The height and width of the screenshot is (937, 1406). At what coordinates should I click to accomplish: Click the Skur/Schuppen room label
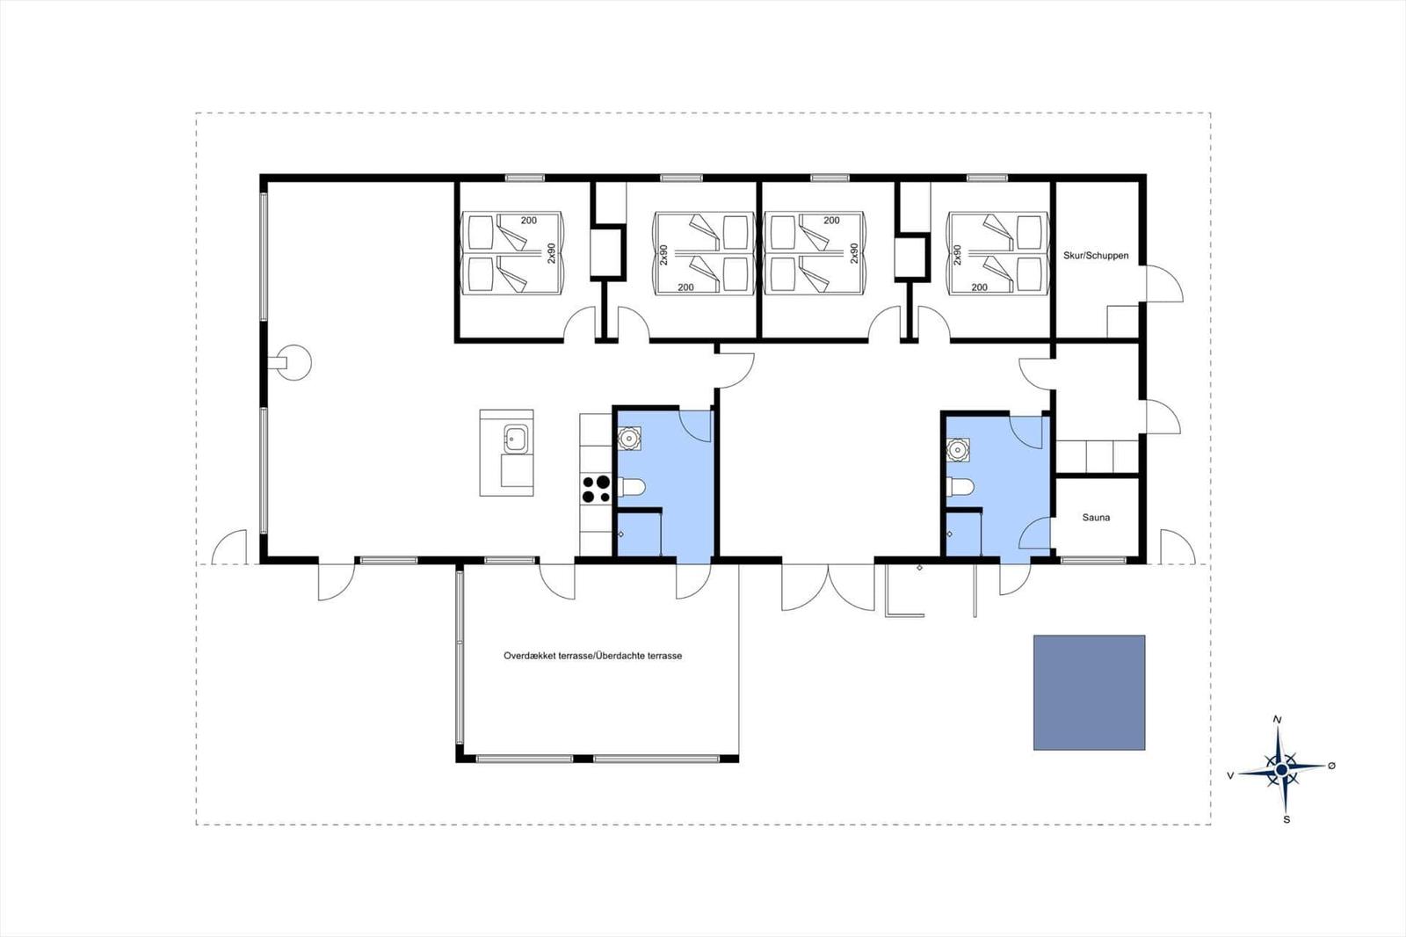pyautogui.click(x=1095, y=256)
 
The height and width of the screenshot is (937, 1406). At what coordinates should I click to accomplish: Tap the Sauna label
pyautogui.click(x=1096, y=518)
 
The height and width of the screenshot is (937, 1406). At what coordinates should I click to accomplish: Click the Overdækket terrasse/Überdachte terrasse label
pyautogui.click(x=592, y=656)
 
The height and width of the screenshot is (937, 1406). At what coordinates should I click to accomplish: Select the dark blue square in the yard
pyautogui.click(x=1089, y=693)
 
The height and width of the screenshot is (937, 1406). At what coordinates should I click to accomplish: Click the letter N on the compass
pyautogui.click(x=1277, y=720)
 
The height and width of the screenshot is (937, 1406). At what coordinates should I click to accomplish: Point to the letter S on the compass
pyautogui.click(x=1286, y=819)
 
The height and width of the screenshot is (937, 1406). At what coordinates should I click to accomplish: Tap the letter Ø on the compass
pyautogui.click(x=1332, y=766)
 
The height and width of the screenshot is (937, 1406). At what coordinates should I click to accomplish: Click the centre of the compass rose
pyautogui.click(x=1282, y=769)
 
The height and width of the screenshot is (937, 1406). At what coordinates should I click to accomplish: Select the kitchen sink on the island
pyautogui.click(x=516, y=438)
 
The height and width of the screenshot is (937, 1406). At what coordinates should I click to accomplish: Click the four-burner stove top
pyautogui.click(x=596, y=490)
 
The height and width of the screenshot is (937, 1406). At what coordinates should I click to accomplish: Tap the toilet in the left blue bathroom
pyautogui.click(x=632, y=487)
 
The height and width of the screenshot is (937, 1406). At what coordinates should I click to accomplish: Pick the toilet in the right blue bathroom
pyautogui.click(x=960, y=487)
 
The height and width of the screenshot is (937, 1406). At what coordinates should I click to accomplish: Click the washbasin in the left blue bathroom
pyautogui.click(x=628, y=439)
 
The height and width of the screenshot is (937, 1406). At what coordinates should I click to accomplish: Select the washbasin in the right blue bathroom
pyautogui.click(x=958, y=450)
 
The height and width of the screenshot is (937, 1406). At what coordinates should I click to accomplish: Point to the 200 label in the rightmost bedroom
pyautogui.click(x=979, y=287)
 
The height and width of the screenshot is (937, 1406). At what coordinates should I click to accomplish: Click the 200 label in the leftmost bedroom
pyautogui.click(x=528, y=221)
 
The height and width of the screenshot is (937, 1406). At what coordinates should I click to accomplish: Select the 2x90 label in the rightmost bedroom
pyautogui.click(x=957, y=255)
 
